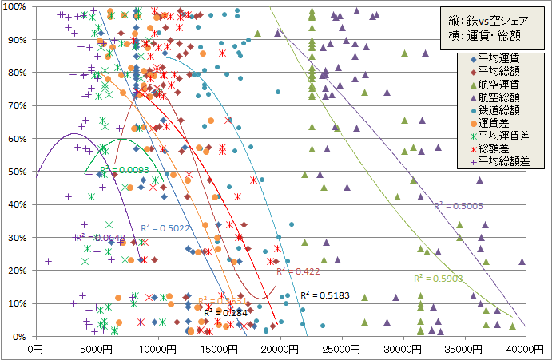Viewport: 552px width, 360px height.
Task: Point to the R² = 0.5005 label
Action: click(458, 206)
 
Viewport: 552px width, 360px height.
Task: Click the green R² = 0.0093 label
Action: click(125, 170)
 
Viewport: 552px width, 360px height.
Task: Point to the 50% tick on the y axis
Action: click(18, 172)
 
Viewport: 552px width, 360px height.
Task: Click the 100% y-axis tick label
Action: click(16, 7)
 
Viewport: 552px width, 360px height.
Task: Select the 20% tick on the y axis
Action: click(18, 271)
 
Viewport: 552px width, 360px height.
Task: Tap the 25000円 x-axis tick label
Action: click(342, 348)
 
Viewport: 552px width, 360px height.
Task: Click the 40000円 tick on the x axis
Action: click(526, 348)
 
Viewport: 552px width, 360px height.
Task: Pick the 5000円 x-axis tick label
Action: click(97, 348)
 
